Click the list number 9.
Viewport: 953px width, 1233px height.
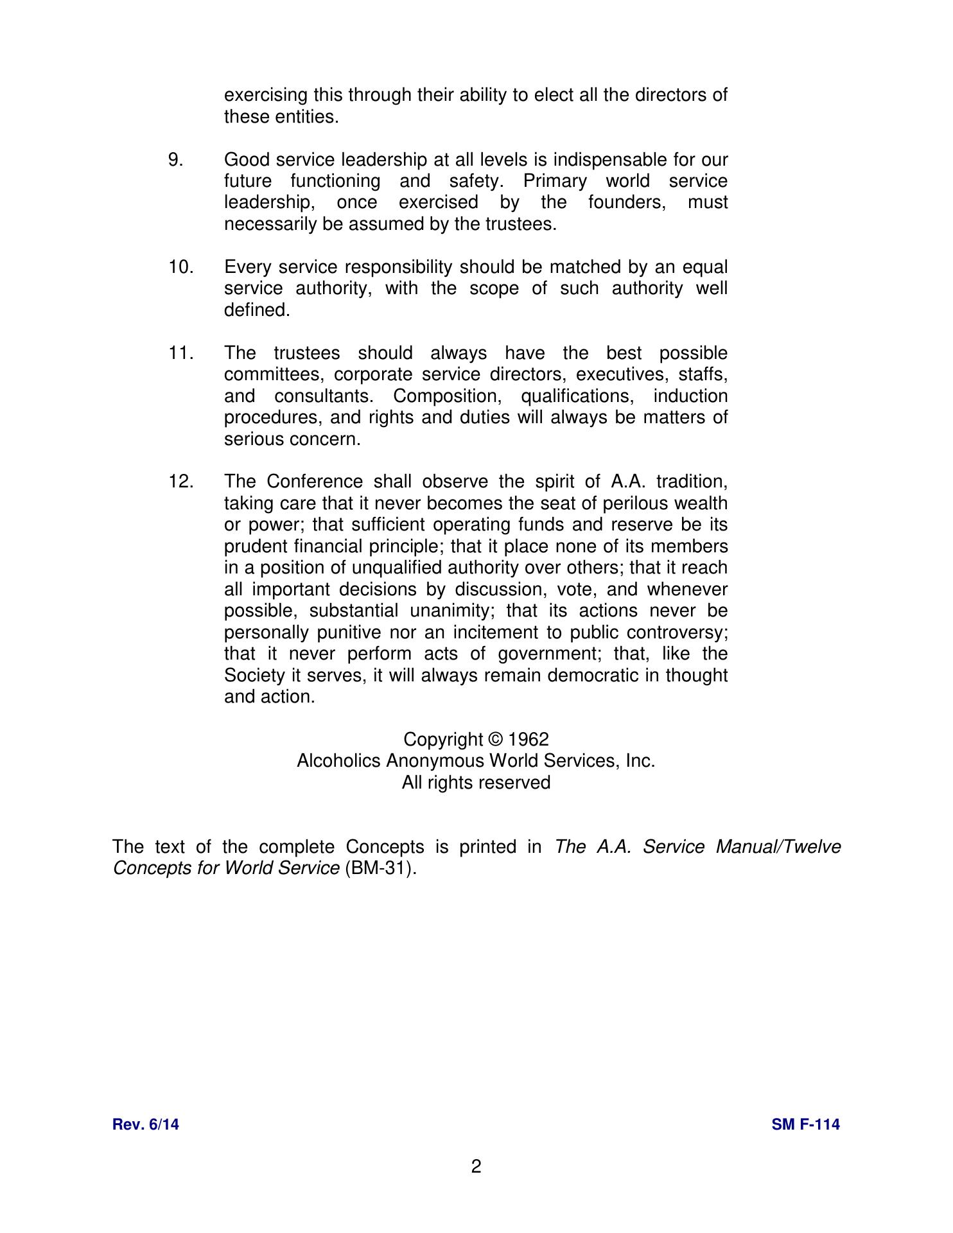point(175,160)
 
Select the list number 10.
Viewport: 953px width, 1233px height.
point(181,267)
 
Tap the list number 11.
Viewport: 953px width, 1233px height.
point(181,353)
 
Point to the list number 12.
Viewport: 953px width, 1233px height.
point(181,482)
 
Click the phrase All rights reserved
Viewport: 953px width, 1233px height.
point(476,783)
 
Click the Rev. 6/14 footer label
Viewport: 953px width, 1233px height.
point(146,1124)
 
